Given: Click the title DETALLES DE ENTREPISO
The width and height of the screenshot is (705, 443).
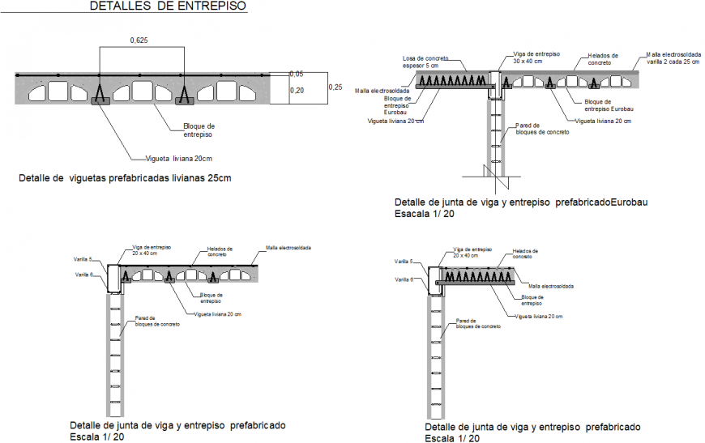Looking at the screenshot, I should (169, 7).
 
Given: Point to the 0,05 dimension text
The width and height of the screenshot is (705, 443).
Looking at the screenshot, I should (297, 75).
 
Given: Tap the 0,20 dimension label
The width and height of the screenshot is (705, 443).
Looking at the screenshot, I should (297, 92).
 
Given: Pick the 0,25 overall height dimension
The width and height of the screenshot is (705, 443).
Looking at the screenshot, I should (335, 86).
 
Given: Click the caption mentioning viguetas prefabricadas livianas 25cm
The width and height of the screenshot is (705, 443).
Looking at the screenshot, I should (125, 178).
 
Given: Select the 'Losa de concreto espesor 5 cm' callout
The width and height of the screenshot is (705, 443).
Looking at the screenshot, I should (426, 62).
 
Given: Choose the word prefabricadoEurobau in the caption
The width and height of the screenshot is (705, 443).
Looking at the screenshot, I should (604, 202).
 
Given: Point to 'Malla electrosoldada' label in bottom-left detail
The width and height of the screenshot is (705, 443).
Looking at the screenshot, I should (288, 247).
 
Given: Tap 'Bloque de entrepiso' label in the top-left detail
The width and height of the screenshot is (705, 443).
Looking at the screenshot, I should (199, 130).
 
